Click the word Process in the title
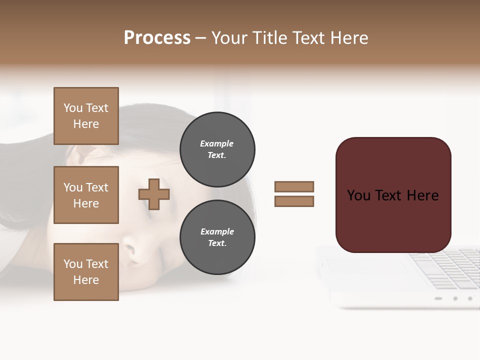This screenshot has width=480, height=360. tap(157, 38)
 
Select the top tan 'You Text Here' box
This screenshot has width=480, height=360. tap(86, 116)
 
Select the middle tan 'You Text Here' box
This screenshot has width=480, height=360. tap(86, 195)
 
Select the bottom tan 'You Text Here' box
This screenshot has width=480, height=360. tap(86, 271)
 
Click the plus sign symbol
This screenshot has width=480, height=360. tap(154, 194)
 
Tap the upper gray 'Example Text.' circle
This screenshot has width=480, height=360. tap(217, 149)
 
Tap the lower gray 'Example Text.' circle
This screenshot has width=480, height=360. tap(217, 237)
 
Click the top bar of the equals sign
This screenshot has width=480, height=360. tap(294, 186)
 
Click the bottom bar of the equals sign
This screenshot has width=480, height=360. tap(294, 201)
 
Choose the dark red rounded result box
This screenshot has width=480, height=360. tap(393, 195)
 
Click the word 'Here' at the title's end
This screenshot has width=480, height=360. tap(349, 38)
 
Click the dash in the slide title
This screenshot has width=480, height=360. tap(200, 38)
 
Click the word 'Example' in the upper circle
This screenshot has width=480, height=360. tap(217, 143)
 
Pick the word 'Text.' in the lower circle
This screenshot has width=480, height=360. tap(217, 243)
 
